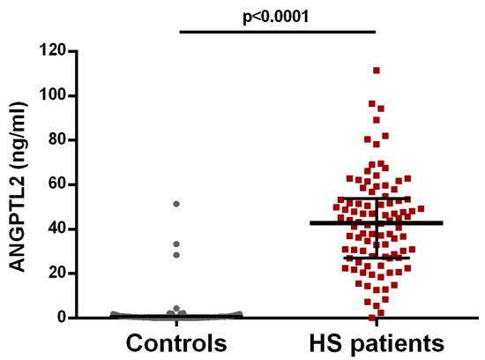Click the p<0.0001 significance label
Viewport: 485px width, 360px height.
click(278, 15)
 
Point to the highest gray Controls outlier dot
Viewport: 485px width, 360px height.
click(176, 204)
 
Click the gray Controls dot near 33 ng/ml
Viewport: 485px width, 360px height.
click(176, 244)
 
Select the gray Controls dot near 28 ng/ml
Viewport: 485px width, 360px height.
click(176, 255)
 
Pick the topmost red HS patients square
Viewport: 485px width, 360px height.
click(377, 70)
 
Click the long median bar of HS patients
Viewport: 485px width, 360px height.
click(377, 222)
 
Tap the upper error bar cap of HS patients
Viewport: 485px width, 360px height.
click(377, 199)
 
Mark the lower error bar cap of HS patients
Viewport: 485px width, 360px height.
click(377, 258)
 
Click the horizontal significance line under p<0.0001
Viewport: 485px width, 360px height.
click(278, 33)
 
